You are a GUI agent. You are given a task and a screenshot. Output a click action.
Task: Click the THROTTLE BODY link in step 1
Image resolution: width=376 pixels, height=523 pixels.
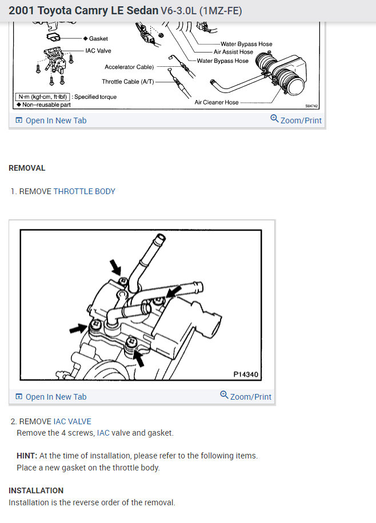[x=84, y=191]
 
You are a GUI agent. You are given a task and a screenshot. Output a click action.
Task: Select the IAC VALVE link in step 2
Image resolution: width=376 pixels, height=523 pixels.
[x=72, y=421]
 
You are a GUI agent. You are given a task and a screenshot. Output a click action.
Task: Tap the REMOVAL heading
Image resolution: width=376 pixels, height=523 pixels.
[x=27, y=168]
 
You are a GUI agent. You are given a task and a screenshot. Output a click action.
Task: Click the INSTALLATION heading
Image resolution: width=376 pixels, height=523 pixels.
[x=36, y=490]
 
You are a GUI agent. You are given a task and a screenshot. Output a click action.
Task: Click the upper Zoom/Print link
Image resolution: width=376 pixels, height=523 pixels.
[x=296, y=120]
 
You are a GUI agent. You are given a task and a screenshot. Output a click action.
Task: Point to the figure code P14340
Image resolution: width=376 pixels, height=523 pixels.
[x=246, y=375]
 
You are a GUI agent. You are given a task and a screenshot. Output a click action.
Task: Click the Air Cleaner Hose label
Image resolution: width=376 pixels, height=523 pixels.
[x=217, y=102]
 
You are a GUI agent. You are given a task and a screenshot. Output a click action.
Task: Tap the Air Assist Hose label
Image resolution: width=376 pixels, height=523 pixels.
[x=233, y=52]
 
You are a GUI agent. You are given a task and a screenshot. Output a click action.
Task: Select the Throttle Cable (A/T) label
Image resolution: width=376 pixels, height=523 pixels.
[x=128, y=82]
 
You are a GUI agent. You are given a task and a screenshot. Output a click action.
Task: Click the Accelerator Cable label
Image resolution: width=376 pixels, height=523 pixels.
[x=129, y=67]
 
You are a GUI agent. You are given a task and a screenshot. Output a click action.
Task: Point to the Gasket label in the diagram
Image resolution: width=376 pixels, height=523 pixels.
[x=98, y=39]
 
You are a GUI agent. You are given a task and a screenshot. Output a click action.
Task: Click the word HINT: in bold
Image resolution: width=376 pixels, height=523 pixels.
[x=27, y=456]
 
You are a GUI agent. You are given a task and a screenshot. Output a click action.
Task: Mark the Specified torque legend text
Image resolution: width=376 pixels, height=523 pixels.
[x=95, y=97]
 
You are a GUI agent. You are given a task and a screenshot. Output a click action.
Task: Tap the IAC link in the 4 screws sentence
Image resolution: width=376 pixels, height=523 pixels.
[x=103, y=433]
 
